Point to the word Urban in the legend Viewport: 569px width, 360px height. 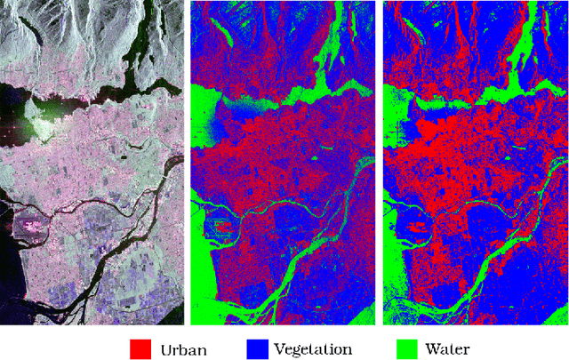184,348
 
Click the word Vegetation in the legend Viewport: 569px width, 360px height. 313,348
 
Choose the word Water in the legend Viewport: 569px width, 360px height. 446,348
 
